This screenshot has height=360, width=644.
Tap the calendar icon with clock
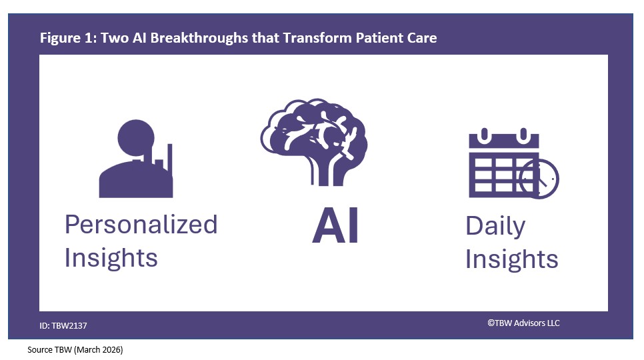[x=512, y=164]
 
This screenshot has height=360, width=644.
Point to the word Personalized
[x=141, y=225]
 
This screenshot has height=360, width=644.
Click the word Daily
[x=495, y=226]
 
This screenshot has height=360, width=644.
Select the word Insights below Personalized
[x=111, y=257]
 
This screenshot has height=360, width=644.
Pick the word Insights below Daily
[x=511, y=259]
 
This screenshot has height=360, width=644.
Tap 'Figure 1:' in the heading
[x=67, y=37]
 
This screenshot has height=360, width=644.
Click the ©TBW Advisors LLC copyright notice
[x=523, y=323]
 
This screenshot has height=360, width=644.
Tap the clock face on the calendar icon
[x=539, y=179]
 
